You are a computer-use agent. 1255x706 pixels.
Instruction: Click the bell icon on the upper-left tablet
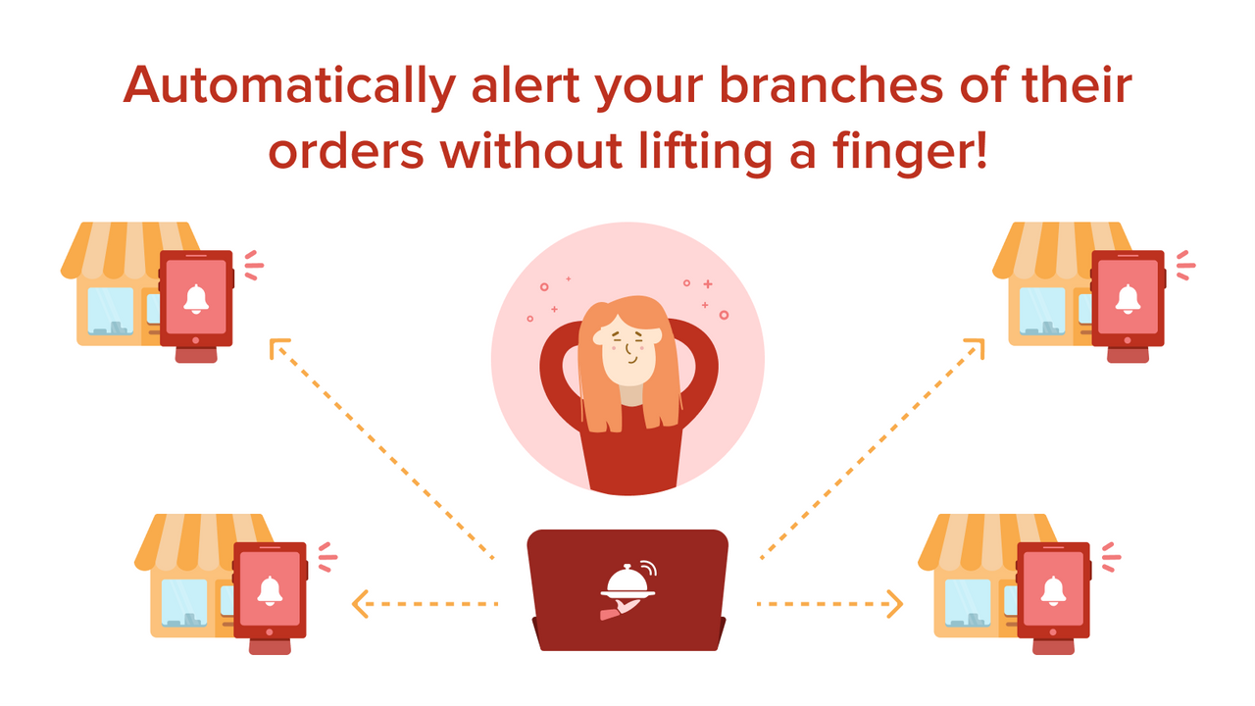coord(196,298)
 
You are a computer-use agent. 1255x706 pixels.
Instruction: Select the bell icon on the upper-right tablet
coord(1128,298)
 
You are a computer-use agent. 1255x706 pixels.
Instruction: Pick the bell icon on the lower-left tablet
coord(270,589)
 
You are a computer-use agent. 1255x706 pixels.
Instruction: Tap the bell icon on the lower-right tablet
coord(1053,589)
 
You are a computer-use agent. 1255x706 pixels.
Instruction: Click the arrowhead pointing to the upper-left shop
coord(279,349)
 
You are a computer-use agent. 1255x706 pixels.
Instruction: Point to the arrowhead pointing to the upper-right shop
coord(974,349)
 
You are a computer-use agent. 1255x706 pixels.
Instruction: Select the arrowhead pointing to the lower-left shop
coord(360,603)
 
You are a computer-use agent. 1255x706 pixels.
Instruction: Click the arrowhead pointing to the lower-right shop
coord(893,603)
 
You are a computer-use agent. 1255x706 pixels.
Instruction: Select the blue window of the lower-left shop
coord(184,601)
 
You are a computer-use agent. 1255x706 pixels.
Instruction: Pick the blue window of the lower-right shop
coord(968,601)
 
